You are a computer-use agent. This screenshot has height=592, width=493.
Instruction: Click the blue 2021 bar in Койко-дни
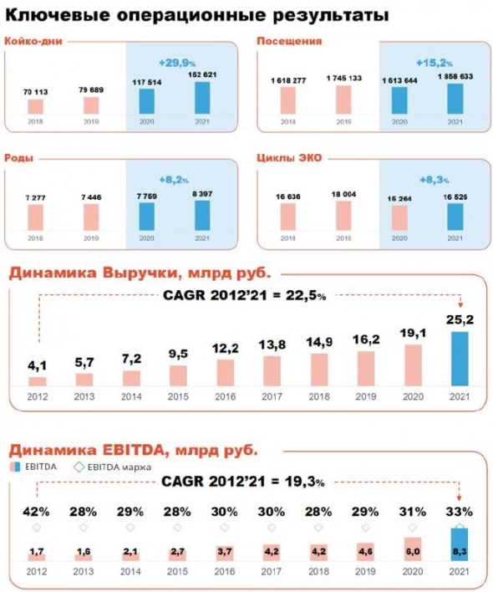click(x=203, y=97)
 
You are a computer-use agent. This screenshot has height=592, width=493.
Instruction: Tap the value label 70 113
click(x=35, y=93)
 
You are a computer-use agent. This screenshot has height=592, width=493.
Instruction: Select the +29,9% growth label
click(x=175, y=61)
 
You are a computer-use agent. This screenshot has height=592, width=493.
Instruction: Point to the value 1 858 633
click(x=455, y=76)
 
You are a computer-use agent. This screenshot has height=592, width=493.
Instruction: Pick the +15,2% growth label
click(x=434, y=61)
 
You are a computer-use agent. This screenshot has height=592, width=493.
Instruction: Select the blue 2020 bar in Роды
click(x=146, y=216)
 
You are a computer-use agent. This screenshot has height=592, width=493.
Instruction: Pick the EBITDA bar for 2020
click(x=413, y=549)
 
